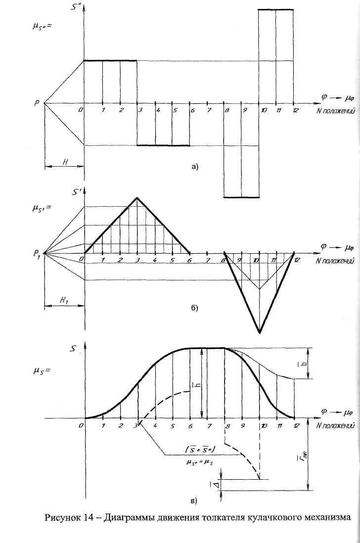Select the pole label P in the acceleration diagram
click(37, 103)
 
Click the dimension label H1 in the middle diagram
click(65, 301)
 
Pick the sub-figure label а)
click(194, 167)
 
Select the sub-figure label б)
click(194, 308)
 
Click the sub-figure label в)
click(193, 500)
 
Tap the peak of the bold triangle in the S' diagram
click(137, 198)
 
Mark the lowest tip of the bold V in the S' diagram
click(259, 332)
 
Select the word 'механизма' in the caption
click(325, 518)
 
